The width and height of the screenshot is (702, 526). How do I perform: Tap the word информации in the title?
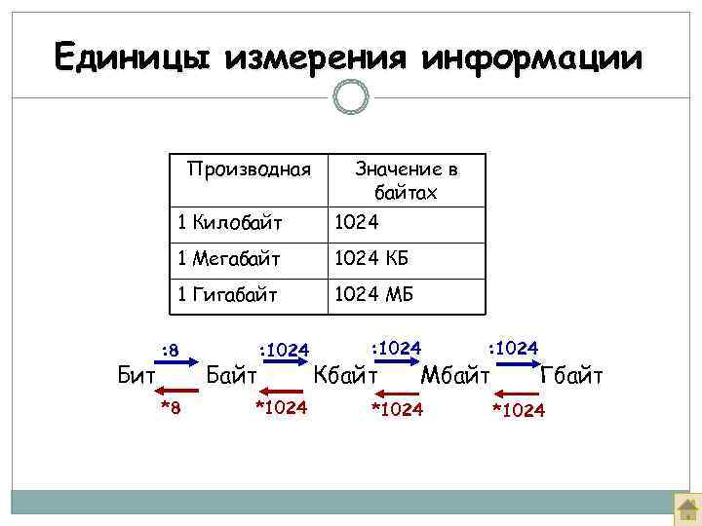pyautogui.click(x=533, y=56)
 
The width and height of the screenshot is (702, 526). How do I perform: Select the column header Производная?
pyautogui.click(x=249, y=169)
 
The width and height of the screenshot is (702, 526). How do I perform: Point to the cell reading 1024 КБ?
pyautogui.click(x=371, y=259)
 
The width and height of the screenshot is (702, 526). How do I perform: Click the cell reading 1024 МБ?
pyautogui.click(x=371, y=294)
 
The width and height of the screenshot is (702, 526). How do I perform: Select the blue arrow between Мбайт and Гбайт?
pyautogui.click(x=515, y=362)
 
